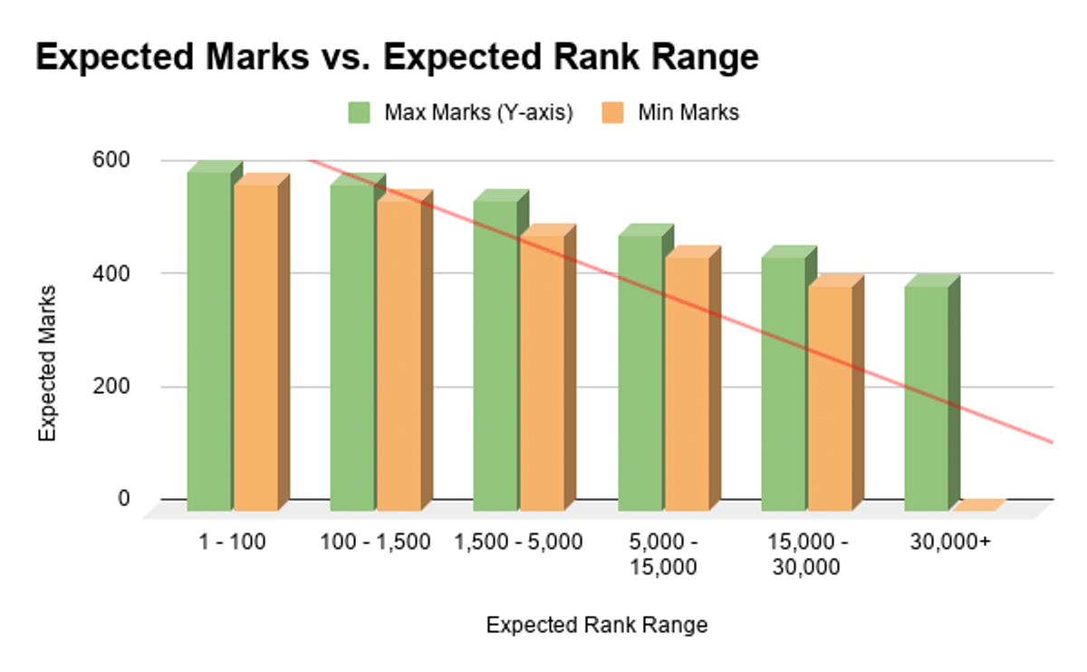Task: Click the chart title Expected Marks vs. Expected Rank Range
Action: pos(397,58)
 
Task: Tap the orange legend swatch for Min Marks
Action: pos(612,112)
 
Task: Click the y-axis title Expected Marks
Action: pos(47,363)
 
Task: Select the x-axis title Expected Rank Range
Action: pos(596,626)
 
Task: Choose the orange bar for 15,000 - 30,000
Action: pos(830,398)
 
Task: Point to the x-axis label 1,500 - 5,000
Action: pos(519,542)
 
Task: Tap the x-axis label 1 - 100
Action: pos(233,542)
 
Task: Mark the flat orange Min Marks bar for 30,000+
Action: pos(979,505)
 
